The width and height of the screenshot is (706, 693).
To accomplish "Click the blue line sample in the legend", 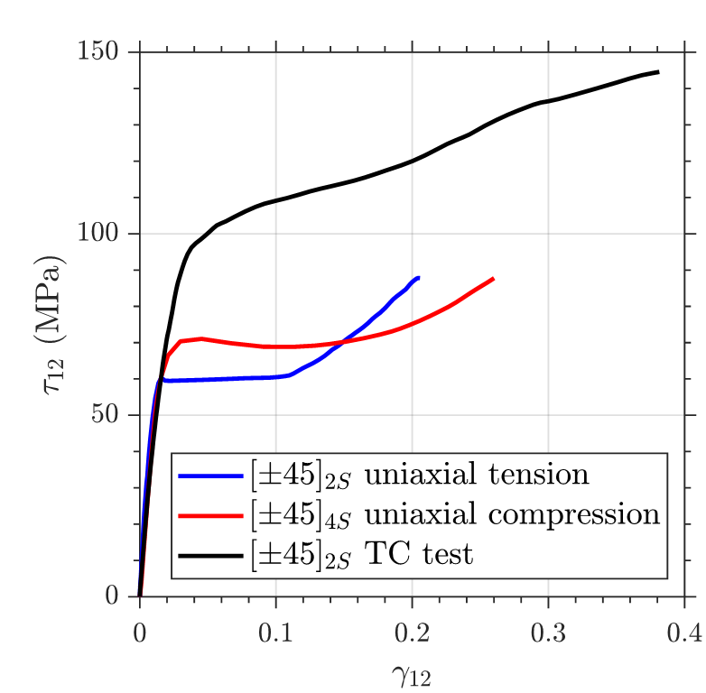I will [212, 476].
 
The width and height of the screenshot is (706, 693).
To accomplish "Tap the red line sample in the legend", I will [212, 515].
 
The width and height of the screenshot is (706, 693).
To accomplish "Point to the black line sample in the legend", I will [212, 554].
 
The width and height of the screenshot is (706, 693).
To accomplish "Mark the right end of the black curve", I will [657, 72].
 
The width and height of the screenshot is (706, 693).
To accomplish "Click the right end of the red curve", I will [493, 279].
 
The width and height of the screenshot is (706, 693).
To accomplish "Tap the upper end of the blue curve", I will [418, 278].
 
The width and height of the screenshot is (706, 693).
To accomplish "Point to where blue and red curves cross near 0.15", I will [342, 342].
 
